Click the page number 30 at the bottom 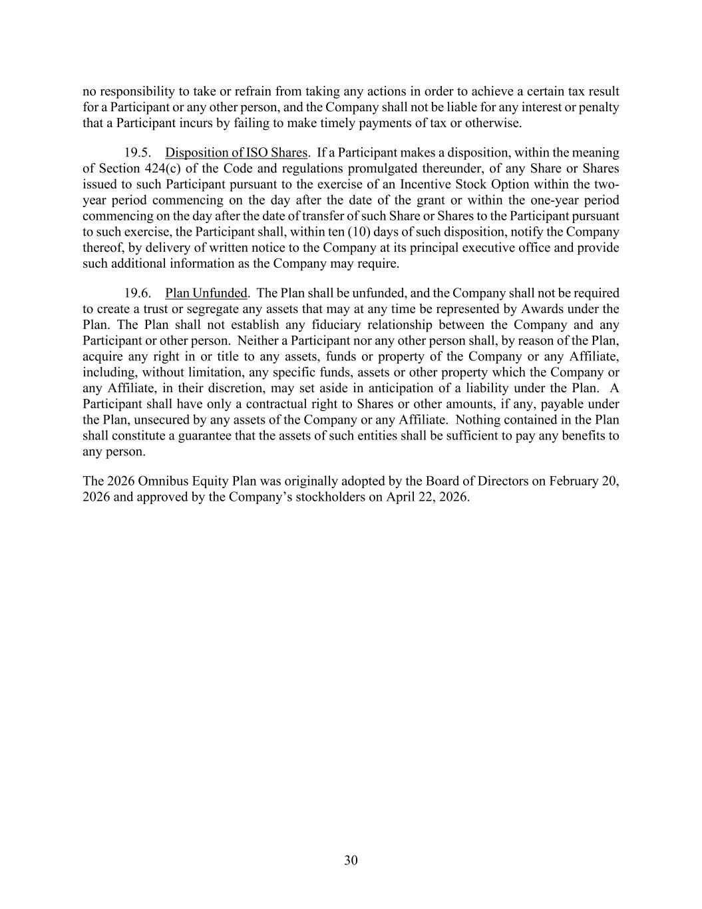pyautogui.click(x=351, y=860)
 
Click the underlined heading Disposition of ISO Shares pyautogui.click(x=236, y=152)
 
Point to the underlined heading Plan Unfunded pyautogui.click(x=206, y=293)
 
